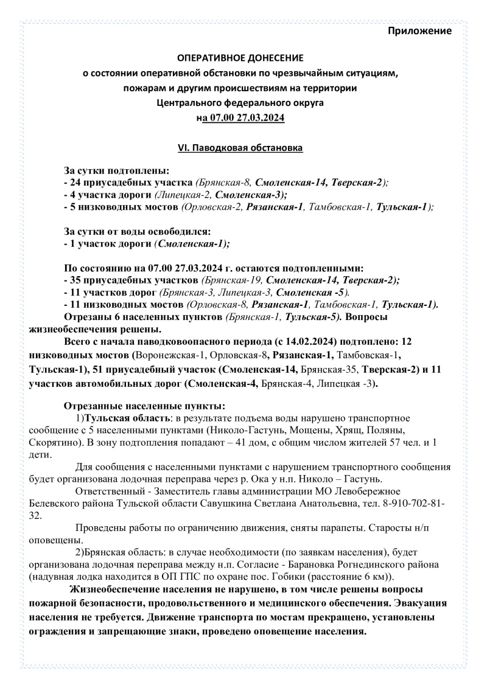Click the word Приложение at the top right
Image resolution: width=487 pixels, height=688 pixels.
click(419, 30)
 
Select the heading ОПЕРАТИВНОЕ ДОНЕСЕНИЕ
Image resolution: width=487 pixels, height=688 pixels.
click(239, 58)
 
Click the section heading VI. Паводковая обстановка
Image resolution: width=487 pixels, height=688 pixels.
click(239, 148)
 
